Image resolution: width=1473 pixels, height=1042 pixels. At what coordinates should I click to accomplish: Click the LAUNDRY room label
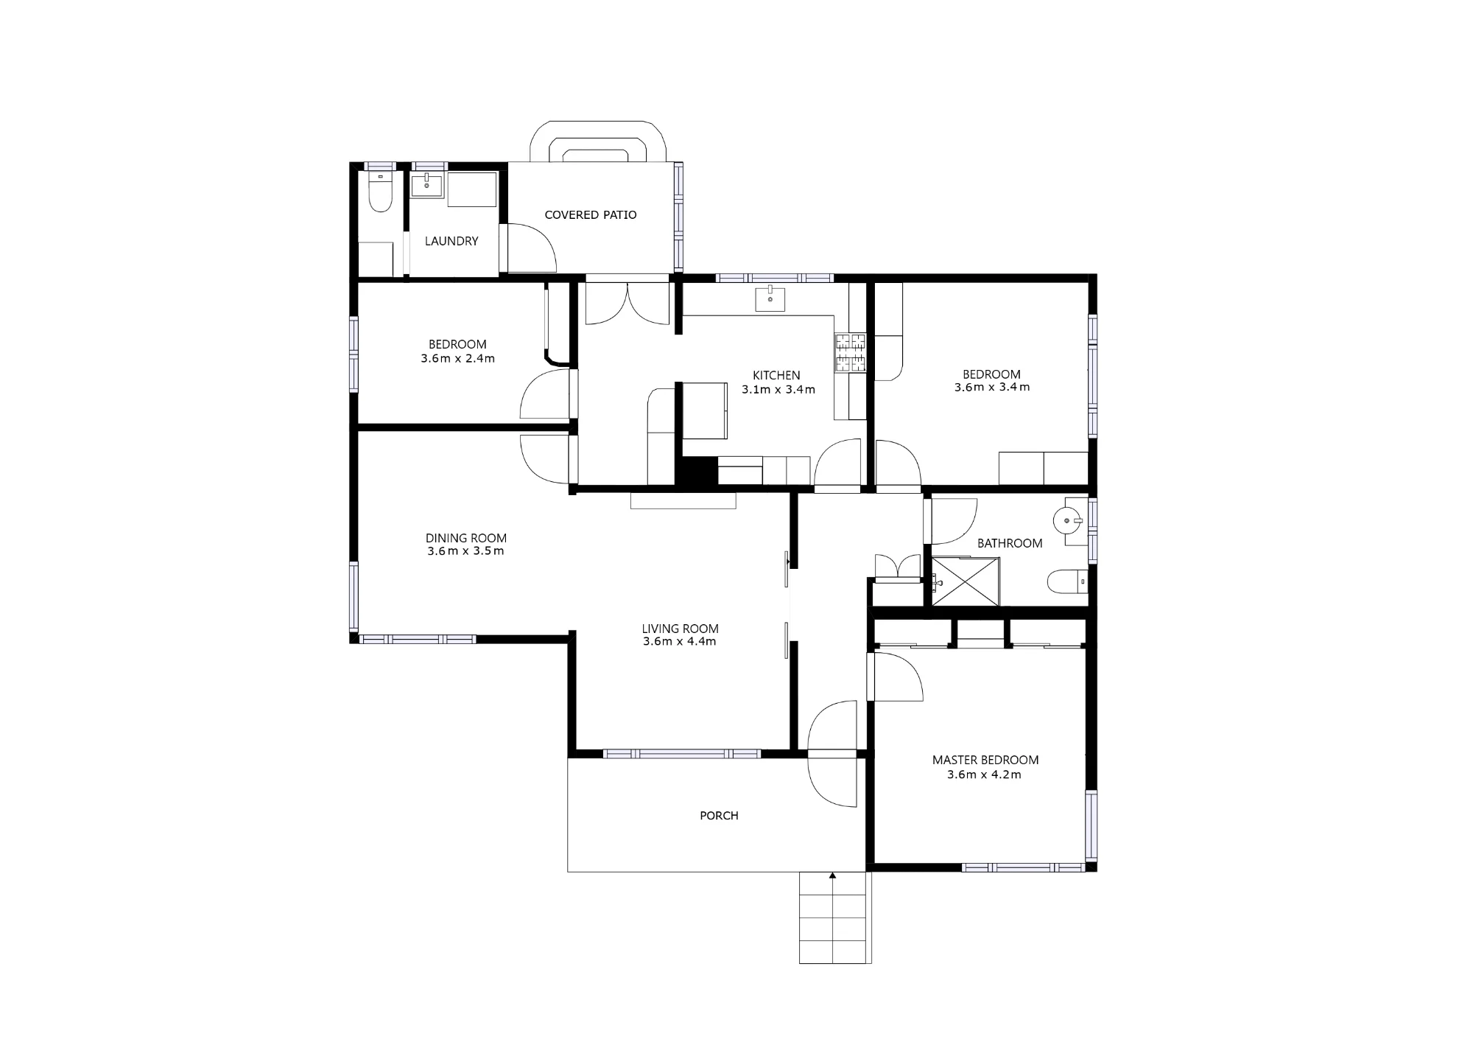point(451,241)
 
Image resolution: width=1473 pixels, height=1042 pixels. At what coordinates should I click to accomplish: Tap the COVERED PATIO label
point(591,215)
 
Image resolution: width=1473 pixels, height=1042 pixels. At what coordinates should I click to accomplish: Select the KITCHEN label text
point(776,375)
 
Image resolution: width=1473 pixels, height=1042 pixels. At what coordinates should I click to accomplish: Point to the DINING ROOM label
point(466,538)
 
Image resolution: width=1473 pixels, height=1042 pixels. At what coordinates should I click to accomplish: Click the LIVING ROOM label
point(680,629)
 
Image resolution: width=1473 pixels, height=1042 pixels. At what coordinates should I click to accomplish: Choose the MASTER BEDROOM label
point(985,760)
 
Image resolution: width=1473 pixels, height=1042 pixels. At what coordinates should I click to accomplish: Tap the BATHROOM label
point(1010,543)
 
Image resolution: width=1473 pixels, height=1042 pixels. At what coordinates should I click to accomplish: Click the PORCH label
point(719,816)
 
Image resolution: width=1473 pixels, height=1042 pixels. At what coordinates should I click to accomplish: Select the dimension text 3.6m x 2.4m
point(457,359)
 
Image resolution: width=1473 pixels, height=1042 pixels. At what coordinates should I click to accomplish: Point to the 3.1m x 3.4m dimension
point(778,389)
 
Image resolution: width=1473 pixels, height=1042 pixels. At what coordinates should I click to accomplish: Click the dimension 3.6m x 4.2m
point(984,774)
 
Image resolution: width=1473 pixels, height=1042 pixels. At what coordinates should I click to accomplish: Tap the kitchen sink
point(770,299)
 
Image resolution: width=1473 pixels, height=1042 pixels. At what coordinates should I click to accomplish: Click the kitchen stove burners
point(850,352)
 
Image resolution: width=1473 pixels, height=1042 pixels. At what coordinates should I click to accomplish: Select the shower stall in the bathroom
point(966,582)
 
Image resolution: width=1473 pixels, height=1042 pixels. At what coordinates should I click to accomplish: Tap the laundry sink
point(427,186)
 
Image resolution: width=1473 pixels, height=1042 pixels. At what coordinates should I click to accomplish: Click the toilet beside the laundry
point(380,192)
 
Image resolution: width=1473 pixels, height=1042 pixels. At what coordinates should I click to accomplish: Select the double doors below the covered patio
point(627,302)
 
